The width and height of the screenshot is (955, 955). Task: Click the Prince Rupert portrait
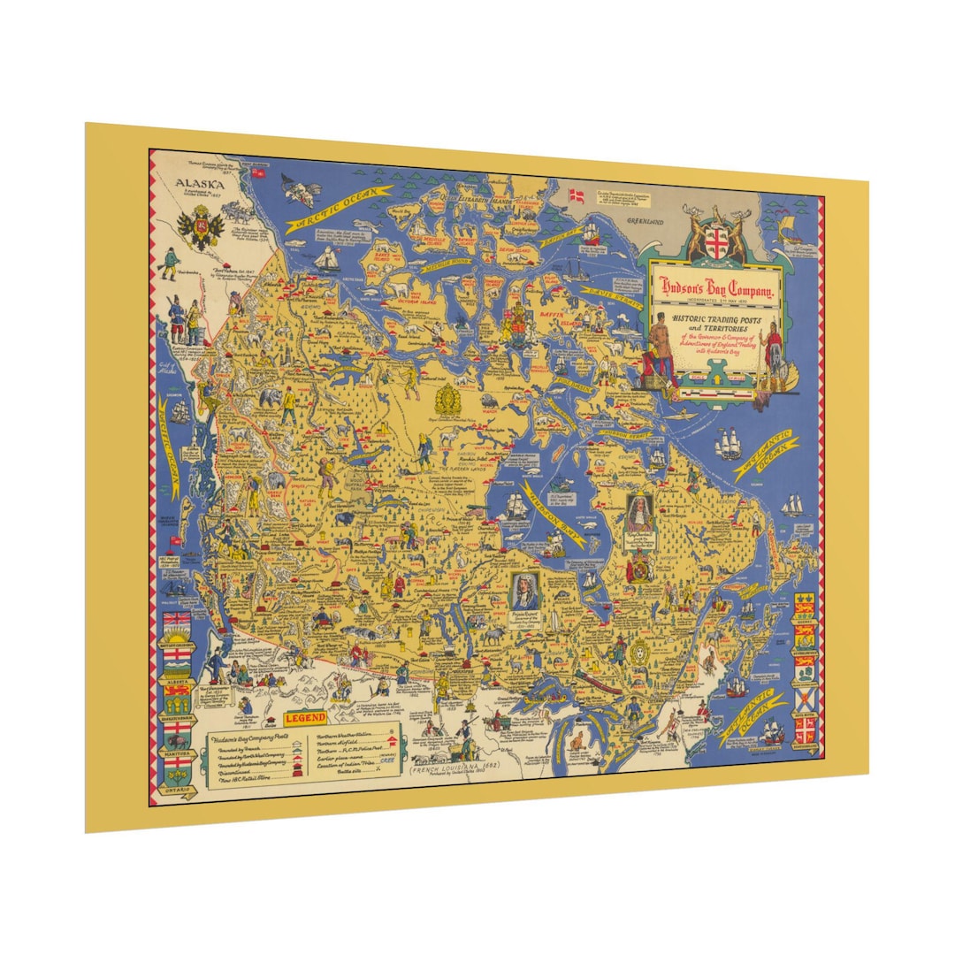(525, 585)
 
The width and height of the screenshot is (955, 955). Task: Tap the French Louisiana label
(448, 768)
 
